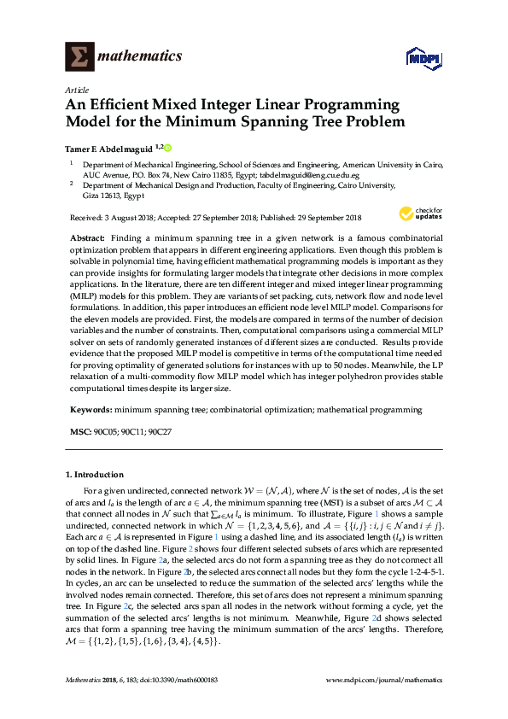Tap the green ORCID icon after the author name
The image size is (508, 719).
(x=167, y=148)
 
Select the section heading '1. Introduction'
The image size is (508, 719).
(x=94, y=474)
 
